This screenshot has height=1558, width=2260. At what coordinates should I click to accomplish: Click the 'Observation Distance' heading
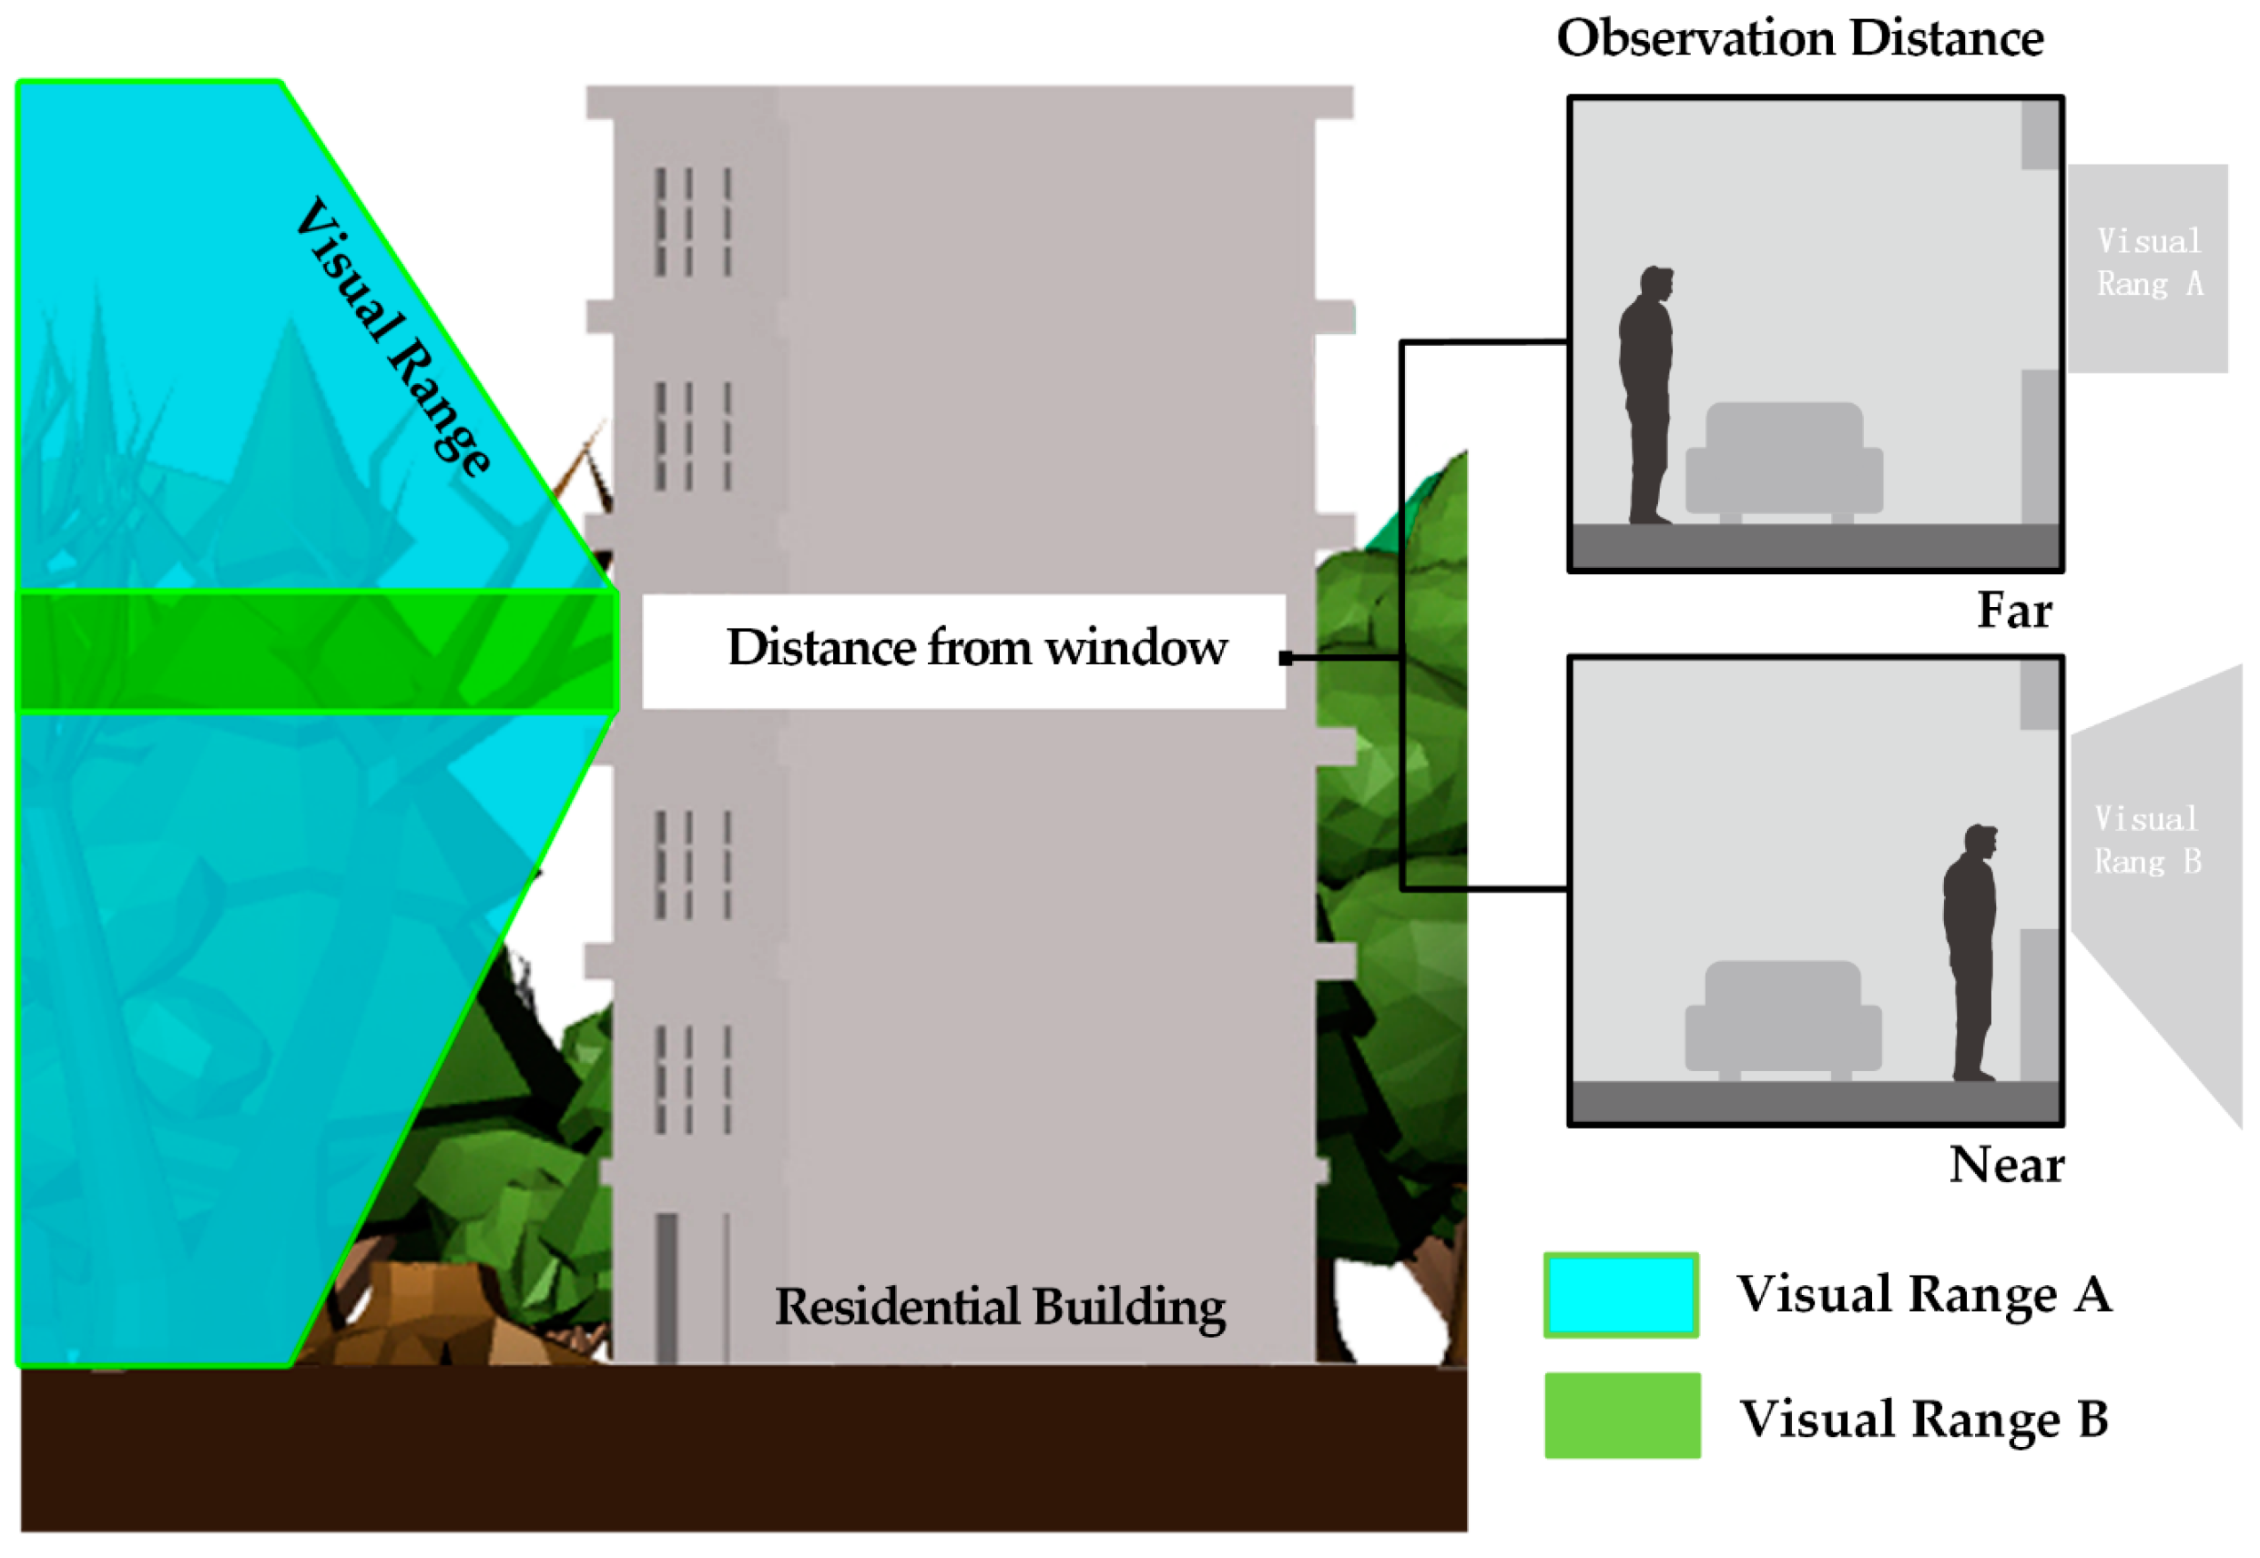coord(1799,39)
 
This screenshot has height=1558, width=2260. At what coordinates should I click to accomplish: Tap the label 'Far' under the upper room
coord(2013,610)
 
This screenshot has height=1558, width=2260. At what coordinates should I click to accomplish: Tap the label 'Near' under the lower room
coord(2005,1165)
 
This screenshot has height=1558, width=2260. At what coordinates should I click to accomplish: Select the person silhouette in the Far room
coord(1647,395)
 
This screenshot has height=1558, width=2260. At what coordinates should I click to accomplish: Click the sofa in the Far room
coord(1784,461)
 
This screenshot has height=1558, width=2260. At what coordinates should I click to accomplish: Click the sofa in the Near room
coord(1782,1019)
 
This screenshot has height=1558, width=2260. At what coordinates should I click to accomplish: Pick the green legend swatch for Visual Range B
coord(1622,1415)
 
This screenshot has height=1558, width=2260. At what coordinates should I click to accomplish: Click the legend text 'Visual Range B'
coord(1923,1419)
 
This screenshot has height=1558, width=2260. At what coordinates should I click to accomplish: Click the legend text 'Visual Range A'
coord(1923,1294)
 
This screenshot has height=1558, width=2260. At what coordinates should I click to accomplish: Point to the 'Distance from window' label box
coord(962,650)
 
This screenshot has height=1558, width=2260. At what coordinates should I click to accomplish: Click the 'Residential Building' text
coord(999,1307)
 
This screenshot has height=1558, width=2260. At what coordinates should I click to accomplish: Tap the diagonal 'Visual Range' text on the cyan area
coord(392,337)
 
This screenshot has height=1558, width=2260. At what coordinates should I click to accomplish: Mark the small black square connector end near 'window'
coord(1286,659)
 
